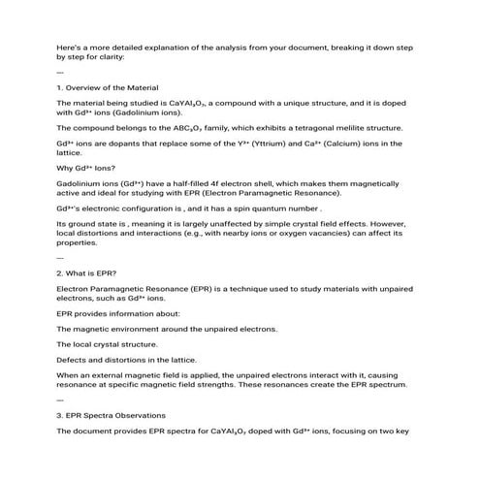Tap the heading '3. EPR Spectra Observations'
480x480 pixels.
point(116,415)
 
